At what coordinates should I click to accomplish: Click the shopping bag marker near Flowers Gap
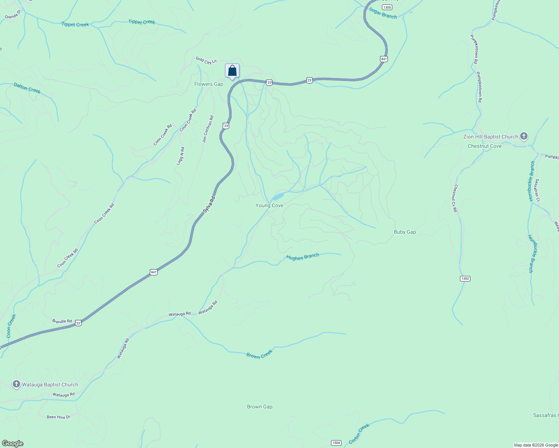pyautogui.click(x=232, y=71)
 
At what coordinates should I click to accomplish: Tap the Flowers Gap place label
pyautogui.click(x=209, y=84)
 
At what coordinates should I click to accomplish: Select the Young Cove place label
pyautogui.click(x=269, y=206)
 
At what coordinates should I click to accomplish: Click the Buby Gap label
pyautogui.click(x=405, y=232)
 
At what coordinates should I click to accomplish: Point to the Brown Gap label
pyautogui.click(x=260, y=407)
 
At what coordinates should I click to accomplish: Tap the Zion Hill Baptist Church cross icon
pyautogui.click(x=524, y=136)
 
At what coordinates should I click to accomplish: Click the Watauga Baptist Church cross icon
pyautogui.click(x=16, y=384)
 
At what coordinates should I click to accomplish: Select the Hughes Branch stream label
pyautogui.click(x=303, y=257)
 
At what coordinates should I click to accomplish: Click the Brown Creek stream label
pyautogui.click(x=259, y=354)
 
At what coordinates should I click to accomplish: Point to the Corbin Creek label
pyautogui.click(x=359, y=433)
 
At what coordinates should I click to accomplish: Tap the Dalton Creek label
pyautogui.click(x=27, y=88)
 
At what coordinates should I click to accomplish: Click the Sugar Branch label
pyautogui.click(x=383, y=13)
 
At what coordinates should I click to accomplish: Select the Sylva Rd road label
pyautogui.click(x=209, y=205)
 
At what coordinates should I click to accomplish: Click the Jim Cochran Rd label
pyautogui.click(x=208, y=129)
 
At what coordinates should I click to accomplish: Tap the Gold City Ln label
pyautogui.click(x=206, y=60)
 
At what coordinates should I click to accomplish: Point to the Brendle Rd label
pyautogui.click(x=62, y=321)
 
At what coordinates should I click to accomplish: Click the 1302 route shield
pyautogui.click(x=465, y=279)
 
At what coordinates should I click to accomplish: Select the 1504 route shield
pyautogui.click(x=336, y=443)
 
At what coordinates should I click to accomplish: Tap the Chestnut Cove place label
pyautogui.click(x=485, y=146)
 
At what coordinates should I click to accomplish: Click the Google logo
pyautogui.click(x=13, y=444)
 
